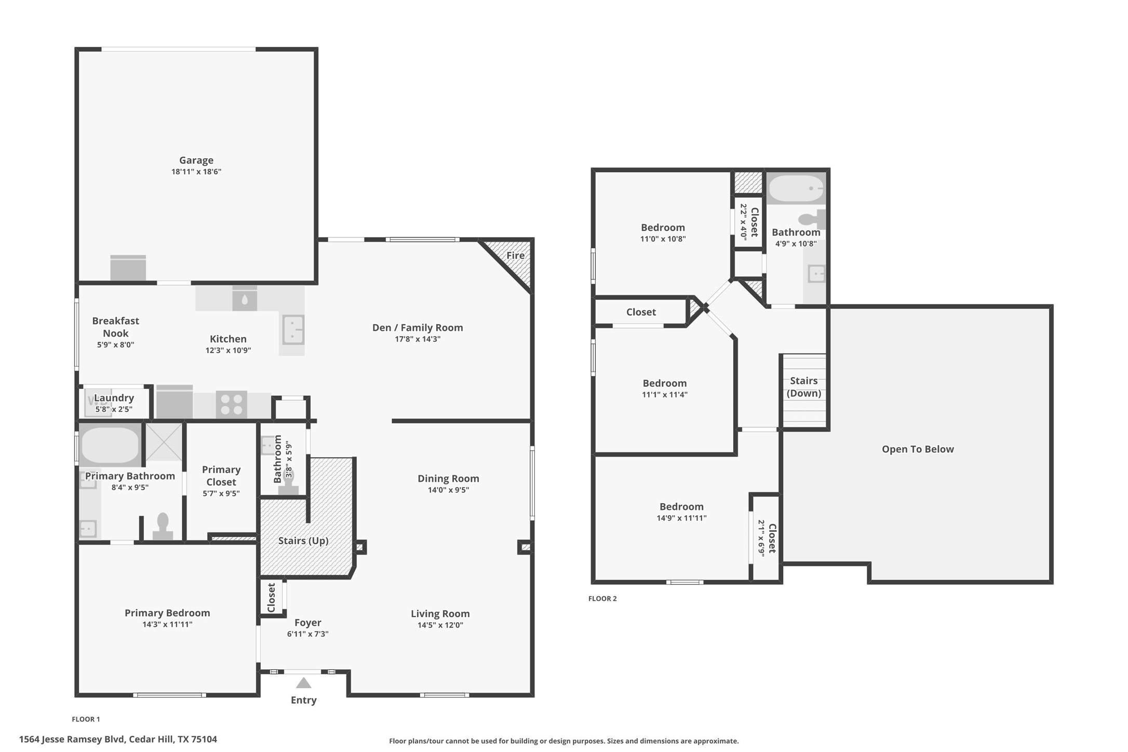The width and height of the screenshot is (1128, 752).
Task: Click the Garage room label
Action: pos(196,160)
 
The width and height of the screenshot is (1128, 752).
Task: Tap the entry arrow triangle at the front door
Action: pos(304,683)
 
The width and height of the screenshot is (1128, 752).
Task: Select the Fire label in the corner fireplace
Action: pos(515,256)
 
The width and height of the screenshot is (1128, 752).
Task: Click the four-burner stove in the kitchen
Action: pos(231,405)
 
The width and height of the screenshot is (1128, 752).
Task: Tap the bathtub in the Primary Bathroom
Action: pos(110,445)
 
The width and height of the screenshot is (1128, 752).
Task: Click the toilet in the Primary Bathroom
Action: pos(163,526)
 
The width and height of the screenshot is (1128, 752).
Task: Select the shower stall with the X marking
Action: pos(164,442)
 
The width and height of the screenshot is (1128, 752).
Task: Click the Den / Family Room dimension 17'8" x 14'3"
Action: pos(418,339)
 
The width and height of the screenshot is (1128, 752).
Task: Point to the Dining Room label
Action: pos(448,478)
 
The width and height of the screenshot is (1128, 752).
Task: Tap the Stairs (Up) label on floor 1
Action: pos(303,541)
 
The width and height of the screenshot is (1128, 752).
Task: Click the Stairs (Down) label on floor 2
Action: pos(804,387)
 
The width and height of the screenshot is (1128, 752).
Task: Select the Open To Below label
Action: pos(918,449)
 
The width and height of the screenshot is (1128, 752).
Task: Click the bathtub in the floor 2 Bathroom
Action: pos(796,189)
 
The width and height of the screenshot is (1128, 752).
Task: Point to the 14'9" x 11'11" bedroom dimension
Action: pos(681,518)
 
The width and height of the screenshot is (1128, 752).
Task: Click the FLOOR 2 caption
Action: pos(602,598)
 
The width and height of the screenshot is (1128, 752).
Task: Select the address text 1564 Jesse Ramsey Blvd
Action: pos(72,739)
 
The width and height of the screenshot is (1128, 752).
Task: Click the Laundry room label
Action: pos(114,398)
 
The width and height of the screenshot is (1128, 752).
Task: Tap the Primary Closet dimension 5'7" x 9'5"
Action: pos(221,493)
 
